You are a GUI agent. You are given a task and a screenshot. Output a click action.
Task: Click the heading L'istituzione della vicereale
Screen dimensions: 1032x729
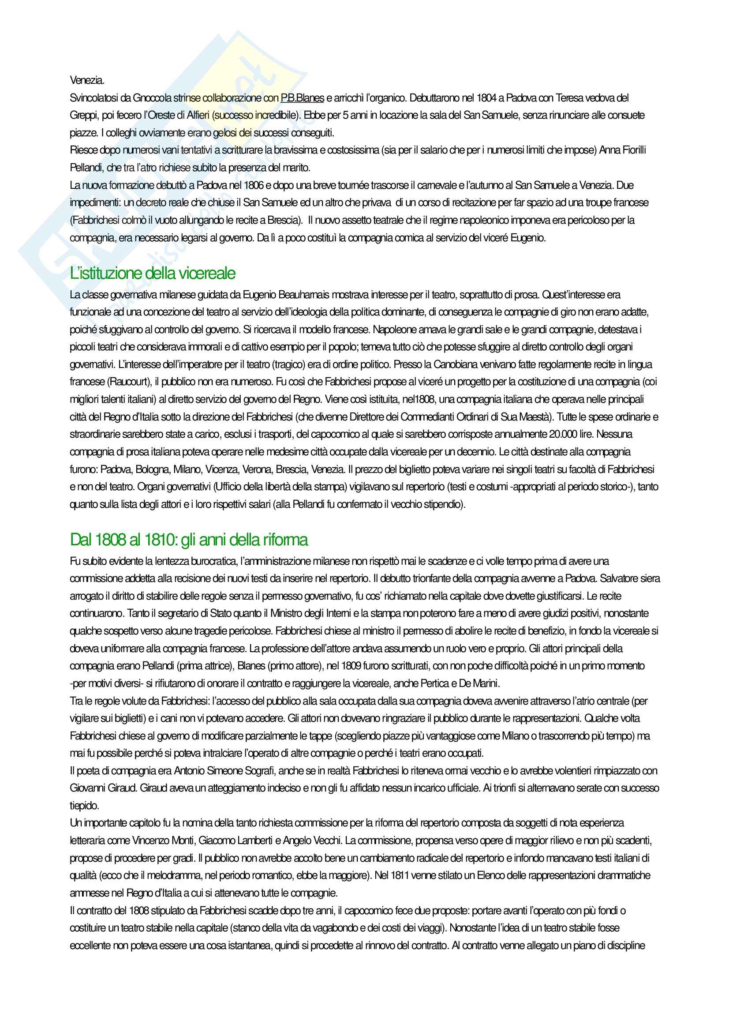tap(153, 273)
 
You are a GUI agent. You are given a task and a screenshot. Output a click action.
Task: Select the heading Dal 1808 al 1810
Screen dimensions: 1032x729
tap(189, 539)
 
